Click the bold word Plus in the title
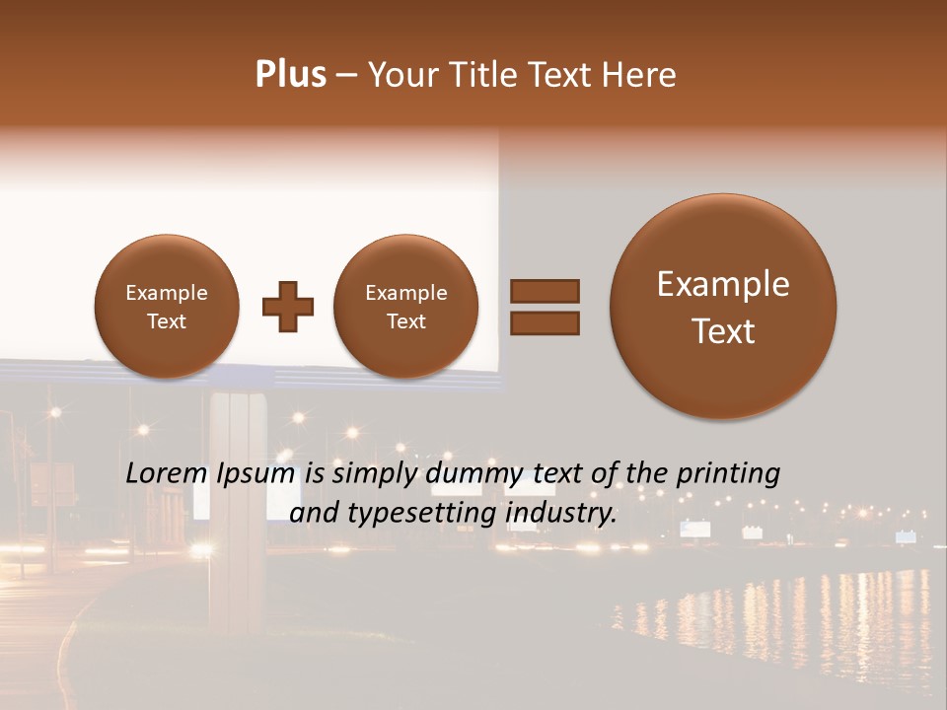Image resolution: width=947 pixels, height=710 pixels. [x=290, y=75]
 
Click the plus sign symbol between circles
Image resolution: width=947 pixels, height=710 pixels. [x=288, y=307]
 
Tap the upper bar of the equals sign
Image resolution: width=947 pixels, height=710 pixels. [x=545, y=291]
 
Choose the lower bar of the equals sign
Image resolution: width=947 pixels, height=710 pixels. [x=545, y=322]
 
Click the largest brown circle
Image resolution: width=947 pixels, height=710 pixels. [x=723, y=307]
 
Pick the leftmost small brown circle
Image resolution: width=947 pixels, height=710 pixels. [x=166, y=307]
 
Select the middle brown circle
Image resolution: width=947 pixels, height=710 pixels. [x=405, y=307]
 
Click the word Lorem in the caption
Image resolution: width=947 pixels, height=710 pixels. [x=167, y=474]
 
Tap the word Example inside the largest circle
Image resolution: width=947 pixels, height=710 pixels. [x=723, y=285]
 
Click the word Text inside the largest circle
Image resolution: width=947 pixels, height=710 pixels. [x=723, y=331]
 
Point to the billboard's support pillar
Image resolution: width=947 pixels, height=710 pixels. [x=234, y=493]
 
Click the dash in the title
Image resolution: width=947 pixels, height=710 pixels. [x=346, y=76]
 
